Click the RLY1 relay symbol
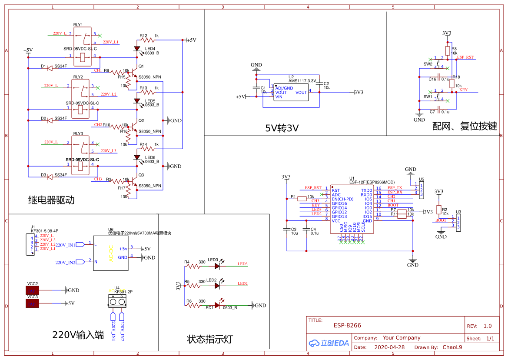82,47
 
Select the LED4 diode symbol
137,49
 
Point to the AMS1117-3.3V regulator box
291,92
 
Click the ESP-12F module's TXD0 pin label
366,190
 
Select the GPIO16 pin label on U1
339,203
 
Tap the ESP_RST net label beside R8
465,57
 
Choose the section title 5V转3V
282,128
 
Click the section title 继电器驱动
51,200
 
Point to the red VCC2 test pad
33,290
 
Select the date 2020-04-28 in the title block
389,347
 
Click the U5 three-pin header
421,190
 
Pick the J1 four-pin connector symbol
30,244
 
